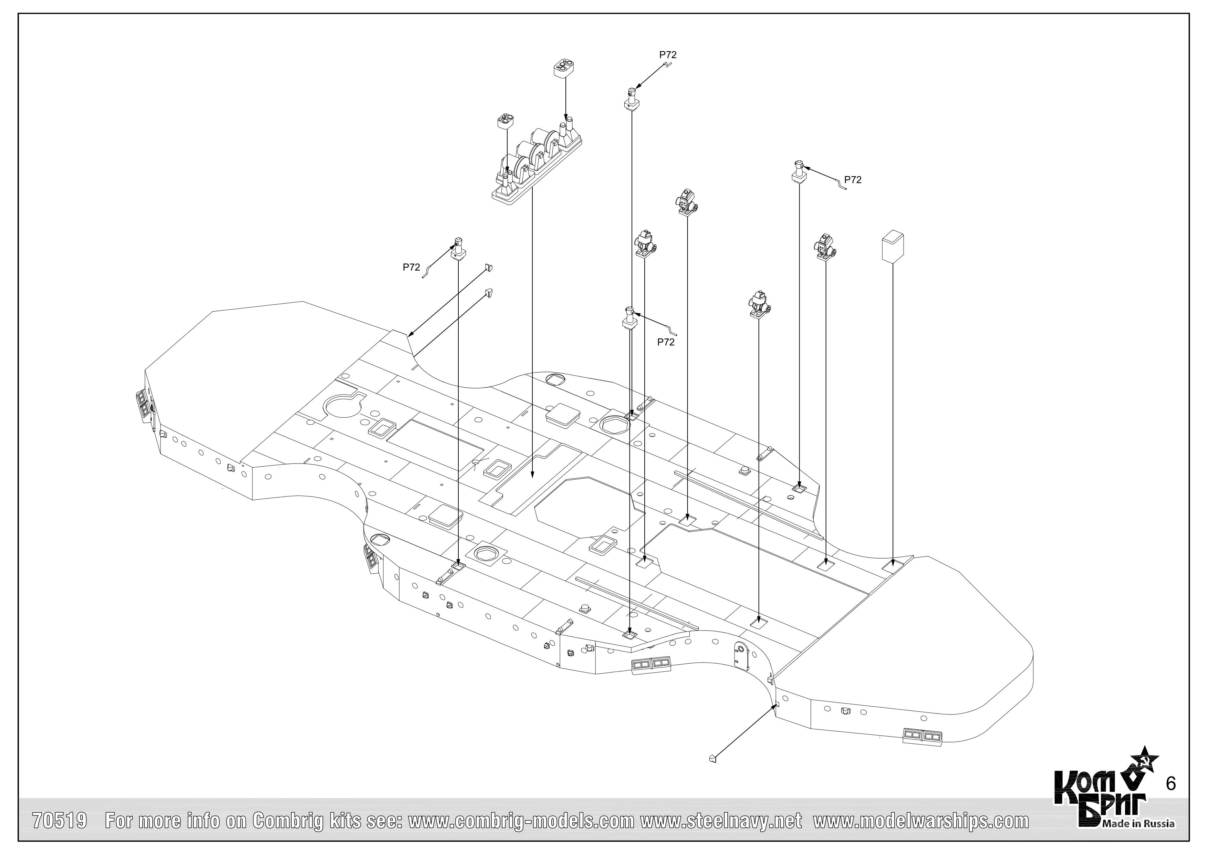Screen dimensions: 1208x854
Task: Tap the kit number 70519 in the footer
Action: [60, 821]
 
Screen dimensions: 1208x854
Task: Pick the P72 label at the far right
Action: [853, 180]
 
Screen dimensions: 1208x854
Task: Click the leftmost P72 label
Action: [412, 267]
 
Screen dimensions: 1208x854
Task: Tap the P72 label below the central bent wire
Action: [666, 342]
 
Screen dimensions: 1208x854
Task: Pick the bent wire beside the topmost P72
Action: [668, 65]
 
